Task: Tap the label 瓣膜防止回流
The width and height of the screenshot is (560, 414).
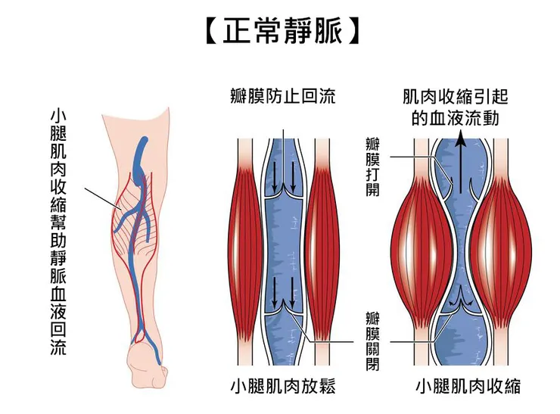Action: tap(282, 97)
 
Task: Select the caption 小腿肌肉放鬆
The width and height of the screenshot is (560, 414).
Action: tap(282, 387)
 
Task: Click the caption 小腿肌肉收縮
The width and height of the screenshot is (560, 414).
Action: tap(468, 387)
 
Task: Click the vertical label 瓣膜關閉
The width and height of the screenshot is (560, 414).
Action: tap(372, 340)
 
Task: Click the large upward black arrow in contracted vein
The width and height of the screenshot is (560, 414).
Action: tap(458, 159)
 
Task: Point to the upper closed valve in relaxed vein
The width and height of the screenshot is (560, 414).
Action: tap(283, 193)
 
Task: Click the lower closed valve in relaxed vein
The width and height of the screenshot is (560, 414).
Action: tap(283, 306)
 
